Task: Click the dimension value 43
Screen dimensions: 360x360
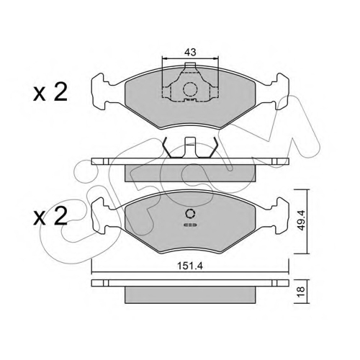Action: [x=190, y=52]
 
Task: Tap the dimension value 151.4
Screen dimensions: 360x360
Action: [x=190, y=266]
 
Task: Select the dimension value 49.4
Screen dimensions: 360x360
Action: [x=301, y=220]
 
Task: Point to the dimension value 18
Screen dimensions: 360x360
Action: [x=301, y=292]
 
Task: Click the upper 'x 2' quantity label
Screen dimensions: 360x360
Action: [x=50, y=93]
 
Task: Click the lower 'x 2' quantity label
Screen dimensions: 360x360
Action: [x=50, y=217]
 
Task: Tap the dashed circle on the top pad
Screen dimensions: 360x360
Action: [x=190, y=89]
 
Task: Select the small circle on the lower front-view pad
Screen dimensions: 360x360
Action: [x=190, y=214]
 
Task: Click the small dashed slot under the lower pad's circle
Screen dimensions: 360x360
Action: [x=190, y=225]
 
